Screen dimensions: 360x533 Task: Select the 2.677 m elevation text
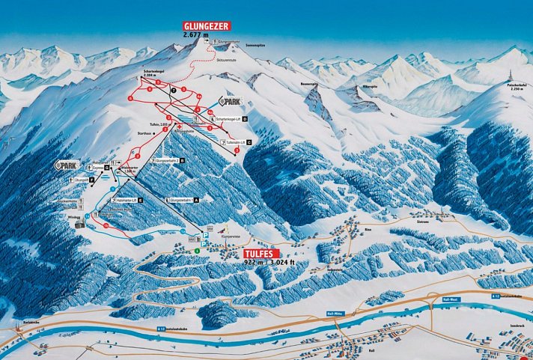point(198,34)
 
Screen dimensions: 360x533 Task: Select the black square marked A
point(197,201)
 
